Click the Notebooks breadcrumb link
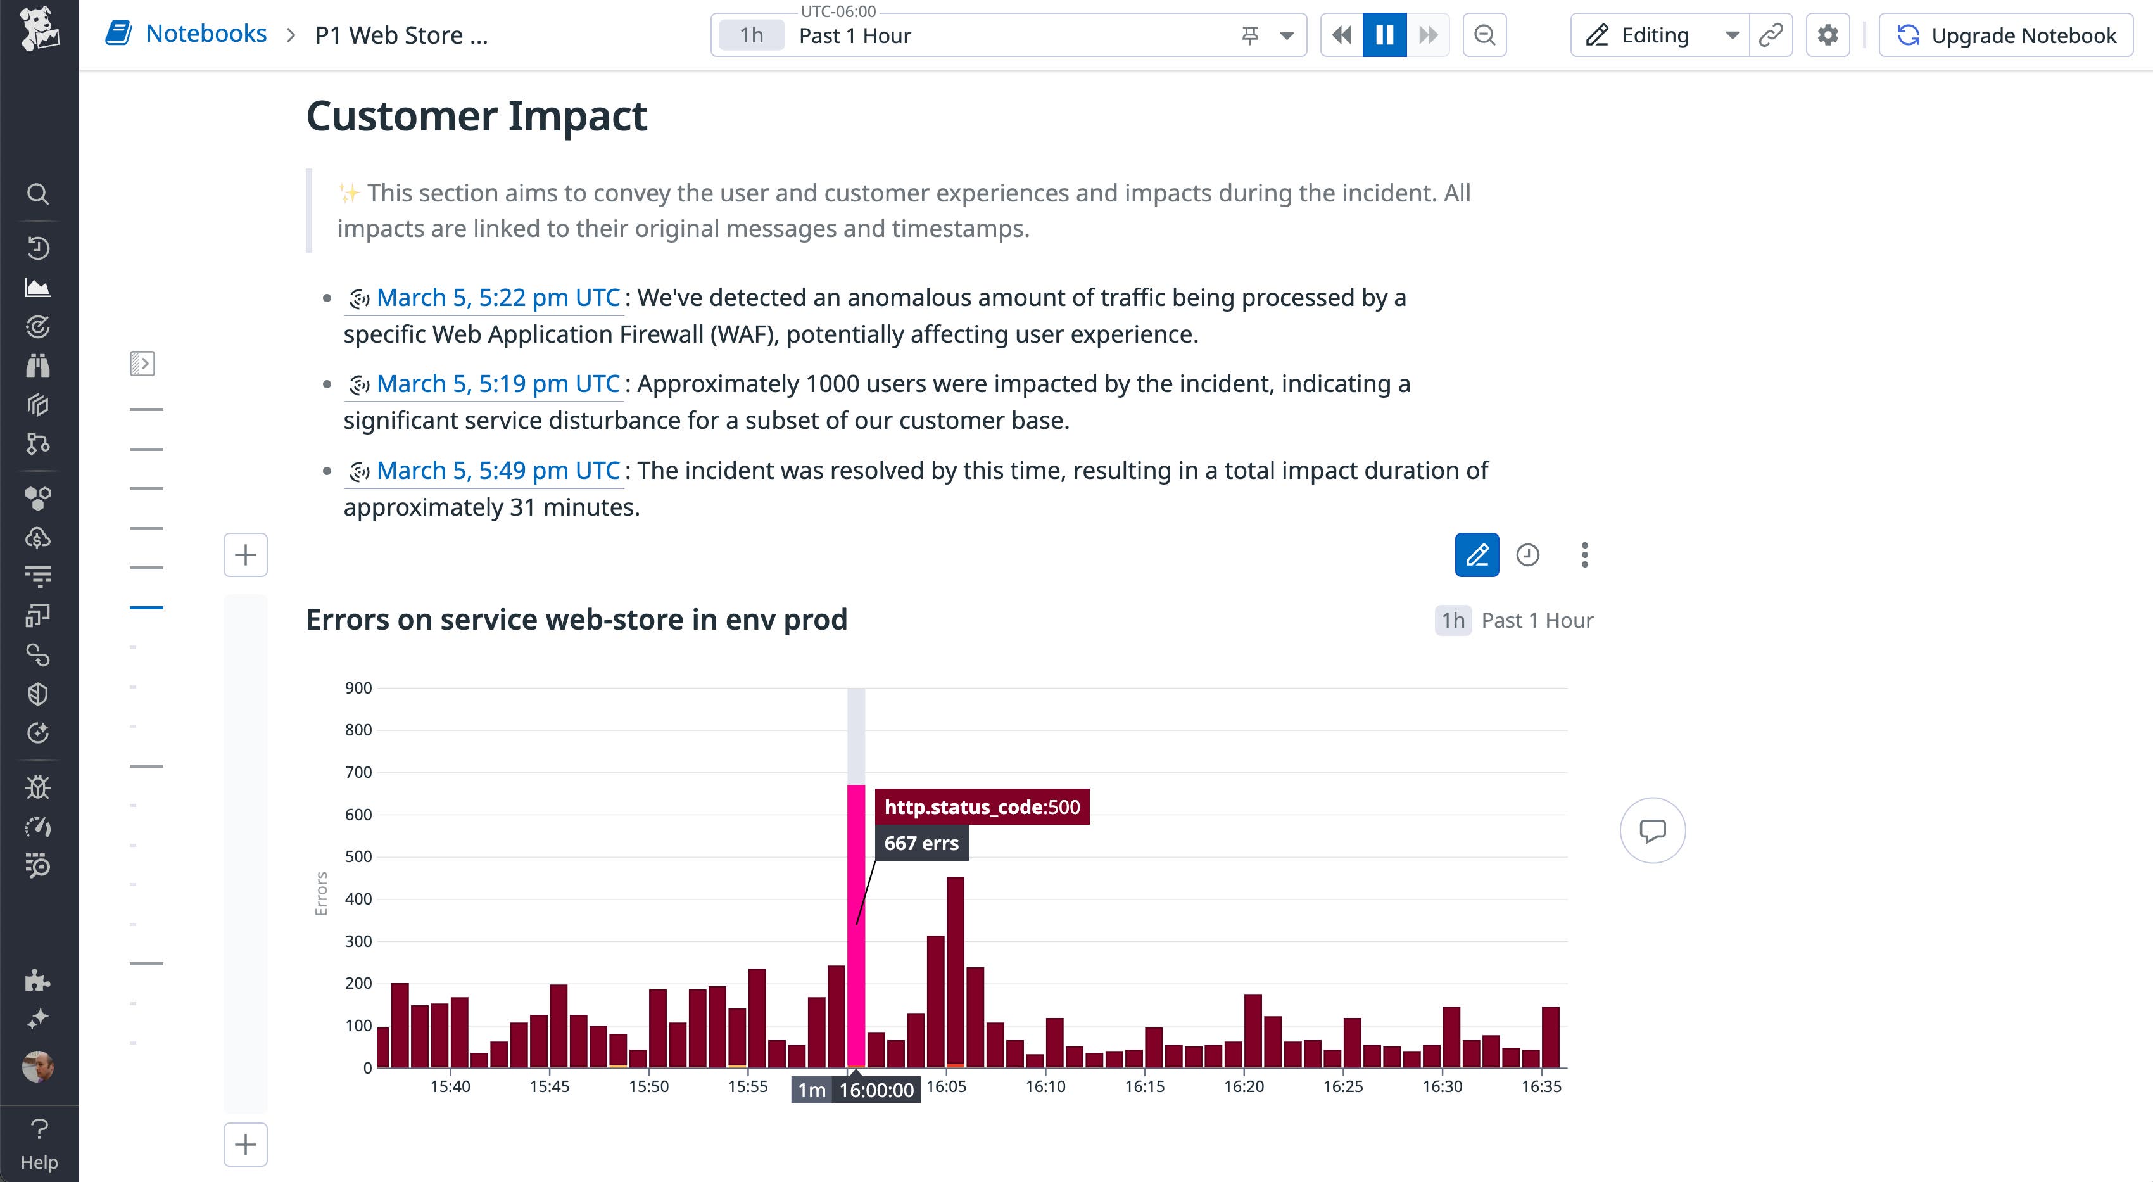click(206, 34)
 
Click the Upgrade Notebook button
click(2006, 35)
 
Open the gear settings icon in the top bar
click(1828, 35)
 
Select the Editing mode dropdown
click(1659, 35)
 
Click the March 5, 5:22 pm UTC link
click(498, 298)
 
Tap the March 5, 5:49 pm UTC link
click(498, 471)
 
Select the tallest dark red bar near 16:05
click(956, 970)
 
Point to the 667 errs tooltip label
click(921, 844)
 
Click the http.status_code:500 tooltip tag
click(982, 806)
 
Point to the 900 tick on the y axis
click(358, 688)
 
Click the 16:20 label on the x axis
click(1244, 1087)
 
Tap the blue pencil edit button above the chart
click(1477, 555)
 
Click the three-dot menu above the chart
click(1584, 555)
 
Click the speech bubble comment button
click(1652, 831)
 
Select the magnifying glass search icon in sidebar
click(37, 194)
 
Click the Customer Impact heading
click(476, 115)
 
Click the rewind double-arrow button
click(1341, 35)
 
